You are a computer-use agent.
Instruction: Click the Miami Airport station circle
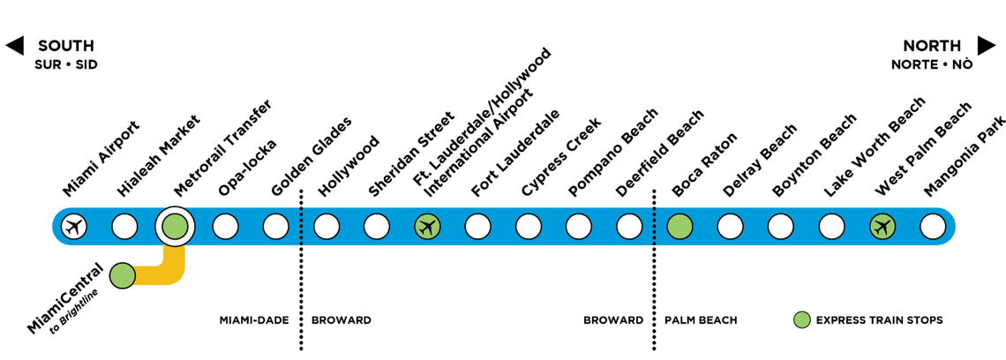[x=74, y=227]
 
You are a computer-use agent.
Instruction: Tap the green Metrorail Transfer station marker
[x=175, y=227]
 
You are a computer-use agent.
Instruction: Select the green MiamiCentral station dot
[x=123, y=275]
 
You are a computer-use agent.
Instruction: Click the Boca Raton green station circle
[x=679, y=227]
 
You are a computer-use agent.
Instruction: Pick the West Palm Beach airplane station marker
[x=882, y=227]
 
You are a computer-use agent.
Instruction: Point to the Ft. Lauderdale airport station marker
[x=428, y=227]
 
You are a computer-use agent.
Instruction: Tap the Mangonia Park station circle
[x=933, y=227]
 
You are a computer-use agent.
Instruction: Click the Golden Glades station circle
[x=276, y=227]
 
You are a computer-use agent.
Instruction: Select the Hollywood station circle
[x=327, y=227]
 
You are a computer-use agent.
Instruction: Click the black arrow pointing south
[x=14, y=46]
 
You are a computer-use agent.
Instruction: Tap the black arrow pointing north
[x=986, y=46]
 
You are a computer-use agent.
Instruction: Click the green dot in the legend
[x=801, y=319]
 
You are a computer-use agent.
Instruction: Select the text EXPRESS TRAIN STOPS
[x=879, y=320]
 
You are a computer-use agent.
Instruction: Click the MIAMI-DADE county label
[x=254, y=320]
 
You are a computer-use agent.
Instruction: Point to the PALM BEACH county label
[x=701, y=320]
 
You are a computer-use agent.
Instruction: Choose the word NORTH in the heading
[x=932, y=46]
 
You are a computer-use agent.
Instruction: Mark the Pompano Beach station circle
[x=579, y=227]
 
